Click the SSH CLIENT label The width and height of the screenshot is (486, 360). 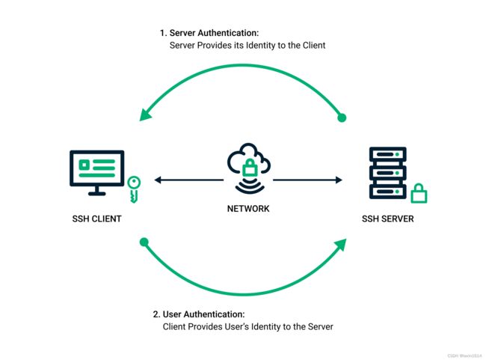[x=96, y=219]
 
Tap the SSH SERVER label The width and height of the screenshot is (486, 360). [x=388, y=219]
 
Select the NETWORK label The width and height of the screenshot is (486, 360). [x=248, y=209]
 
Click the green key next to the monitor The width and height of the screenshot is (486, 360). [x=134, y=189]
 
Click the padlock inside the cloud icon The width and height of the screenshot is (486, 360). [x=250, y=167]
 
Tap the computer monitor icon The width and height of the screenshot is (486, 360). [x=96, y=173]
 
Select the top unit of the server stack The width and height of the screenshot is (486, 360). [x=388, y=154]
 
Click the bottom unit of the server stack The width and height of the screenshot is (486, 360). [x=388, y=192]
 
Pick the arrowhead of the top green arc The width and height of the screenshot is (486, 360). [x=145, y=115]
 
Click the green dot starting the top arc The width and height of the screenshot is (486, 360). [x=342, y=118]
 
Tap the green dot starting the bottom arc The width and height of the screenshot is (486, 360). [x=144, y=242]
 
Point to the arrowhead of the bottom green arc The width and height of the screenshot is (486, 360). [x=341, y=245]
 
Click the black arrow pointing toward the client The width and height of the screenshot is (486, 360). [x=188, y=180]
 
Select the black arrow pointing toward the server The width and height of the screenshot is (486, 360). [x=307, y=180]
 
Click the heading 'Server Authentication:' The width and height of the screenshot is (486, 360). [x=214, y=33]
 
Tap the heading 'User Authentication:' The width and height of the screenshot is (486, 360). [x=203, y=314]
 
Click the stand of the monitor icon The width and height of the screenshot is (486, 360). [x=96, y=191]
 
